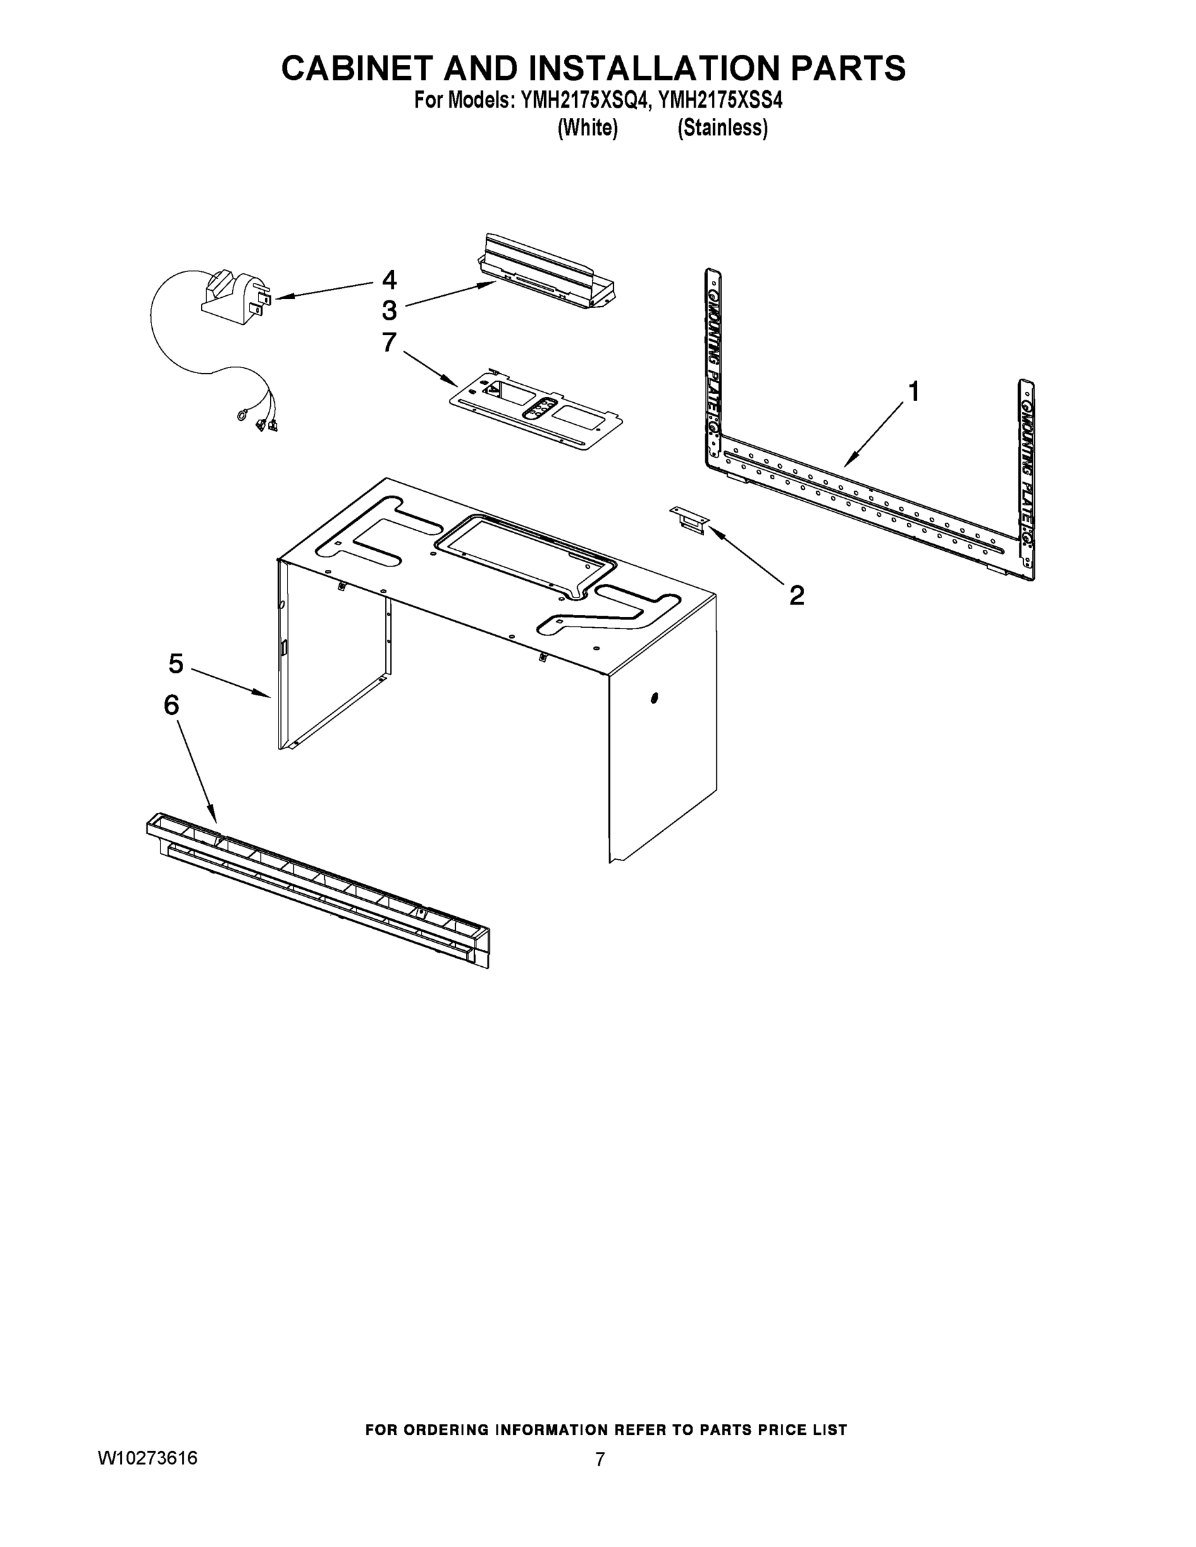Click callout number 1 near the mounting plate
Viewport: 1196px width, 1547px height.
pyautogui.click(x=914, y=392)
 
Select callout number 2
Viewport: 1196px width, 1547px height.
pyautogui.click(x=796, y=596)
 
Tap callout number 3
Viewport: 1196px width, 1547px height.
pyautogui.click(x=389, y=310)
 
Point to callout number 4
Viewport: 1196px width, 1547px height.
pyautogui.click(x=389, y=280)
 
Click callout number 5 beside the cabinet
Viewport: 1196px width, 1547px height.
pyautogui.click(x=176, y=664)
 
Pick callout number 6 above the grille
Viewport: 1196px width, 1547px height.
pyautogui.click(x=172, y=706)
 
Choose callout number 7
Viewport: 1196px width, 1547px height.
pyautogui.click(x=389, y=342)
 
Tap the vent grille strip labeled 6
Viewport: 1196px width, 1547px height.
pyautogui.click(x=319, y=889)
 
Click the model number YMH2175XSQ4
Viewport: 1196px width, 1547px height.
pyautogui.click(x=585, y=101)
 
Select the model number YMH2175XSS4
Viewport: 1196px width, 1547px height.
pyautogui.click(x=721, y=101)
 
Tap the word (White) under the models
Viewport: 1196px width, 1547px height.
pyautogui.click(x=587, y=128)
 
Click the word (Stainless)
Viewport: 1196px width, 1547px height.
pyautogui.click(x=722, y=128)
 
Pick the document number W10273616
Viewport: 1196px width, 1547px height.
pyautogui.click(x=148, y=1477)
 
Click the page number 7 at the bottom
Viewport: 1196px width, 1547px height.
pyautogui.click(x=600, y=1479)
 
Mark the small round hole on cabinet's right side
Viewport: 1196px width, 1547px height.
pyautogui.click(x=653, y=699)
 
